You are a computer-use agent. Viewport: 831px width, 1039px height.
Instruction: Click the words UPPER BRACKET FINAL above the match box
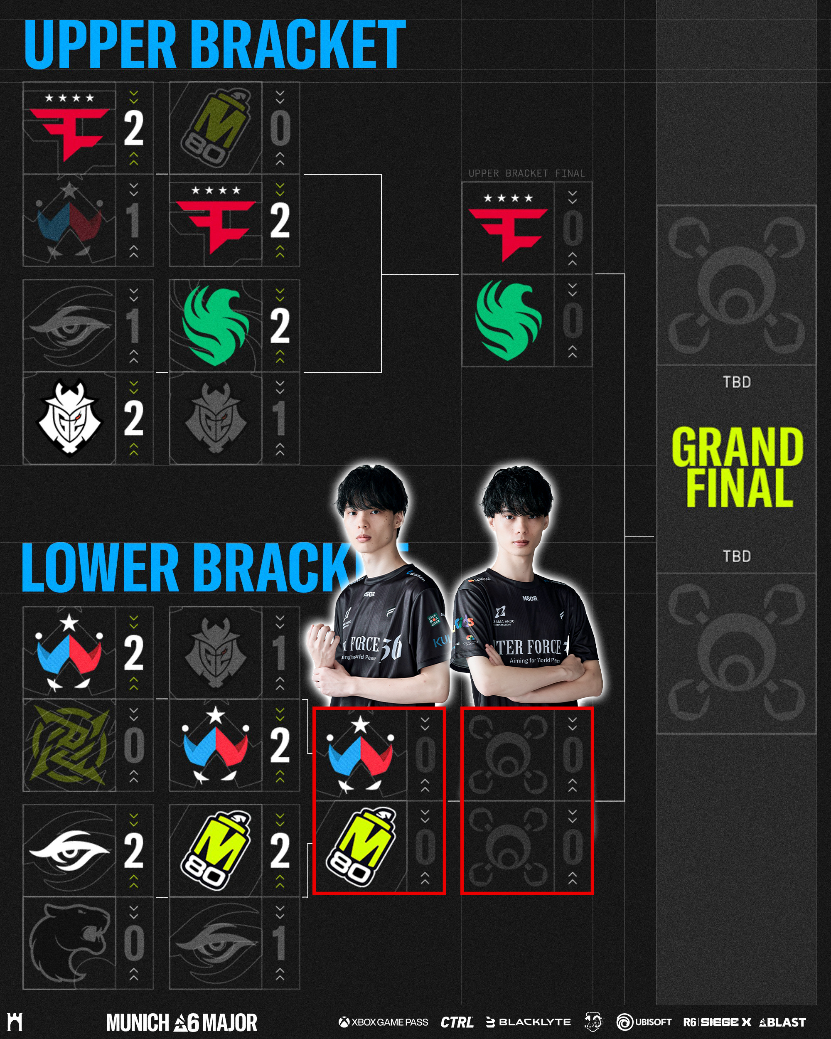[x=526, y=173]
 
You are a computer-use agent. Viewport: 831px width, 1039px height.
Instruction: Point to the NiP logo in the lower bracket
[x=70, y=745]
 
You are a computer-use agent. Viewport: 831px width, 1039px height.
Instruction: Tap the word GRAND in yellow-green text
[x=737, y=447]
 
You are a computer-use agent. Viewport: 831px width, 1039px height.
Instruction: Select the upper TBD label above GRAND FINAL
[x=737, y=382]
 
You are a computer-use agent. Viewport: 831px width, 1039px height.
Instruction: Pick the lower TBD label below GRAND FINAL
[x=737, y=556]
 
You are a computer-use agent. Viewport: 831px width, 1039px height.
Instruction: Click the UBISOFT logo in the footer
[x=644, y=1022]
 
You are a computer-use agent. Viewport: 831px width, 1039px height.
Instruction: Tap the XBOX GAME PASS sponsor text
[x=384, y=1022]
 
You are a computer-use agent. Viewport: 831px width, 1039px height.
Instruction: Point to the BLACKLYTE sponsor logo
[x=529, y=1022]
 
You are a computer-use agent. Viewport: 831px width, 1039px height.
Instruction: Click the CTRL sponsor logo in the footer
[x=456, y=1022]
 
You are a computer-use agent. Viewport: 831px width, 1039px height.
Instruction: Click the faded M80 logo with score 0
[x=215, y=128]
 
